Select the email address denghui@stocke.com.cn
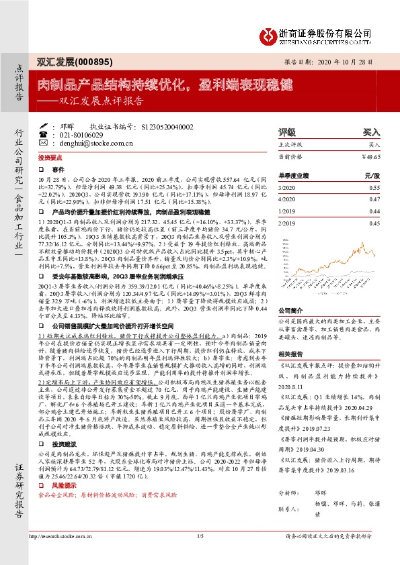[x=85, y=142]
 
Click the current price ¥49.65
[x=370, y=156]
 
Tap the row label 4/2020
[x=268, y=199]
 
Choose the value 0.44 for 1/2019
[x=374, y=211]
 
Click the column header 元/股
[x=372, y=174]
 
